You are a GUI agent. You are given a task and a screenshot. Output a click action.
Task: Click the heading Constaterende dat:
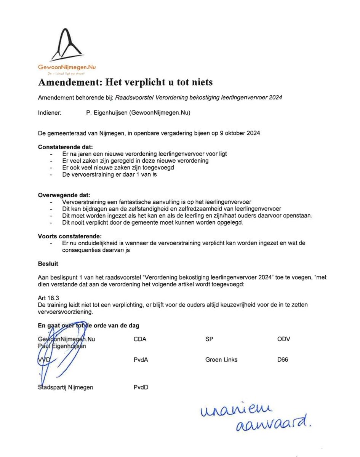tap(65, 147)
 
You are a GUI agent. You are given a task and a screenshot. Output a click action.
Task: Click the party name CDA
tap(140, 339)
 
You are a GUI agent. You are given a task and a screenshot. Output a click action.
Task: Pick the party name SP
tap(209, 339)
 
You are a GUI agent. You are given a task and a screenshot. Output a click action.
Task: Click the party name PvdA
tap(141, 360)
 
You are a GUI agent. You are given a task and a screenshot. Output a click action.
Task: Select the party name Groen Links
tap(221, 360)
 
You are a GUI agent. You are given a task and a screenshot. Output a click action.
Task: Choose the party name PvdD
tap(141, 387)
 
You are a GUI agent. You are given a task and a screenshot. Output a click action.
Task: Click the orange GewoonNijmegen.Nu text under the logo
tap(67, 67)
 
